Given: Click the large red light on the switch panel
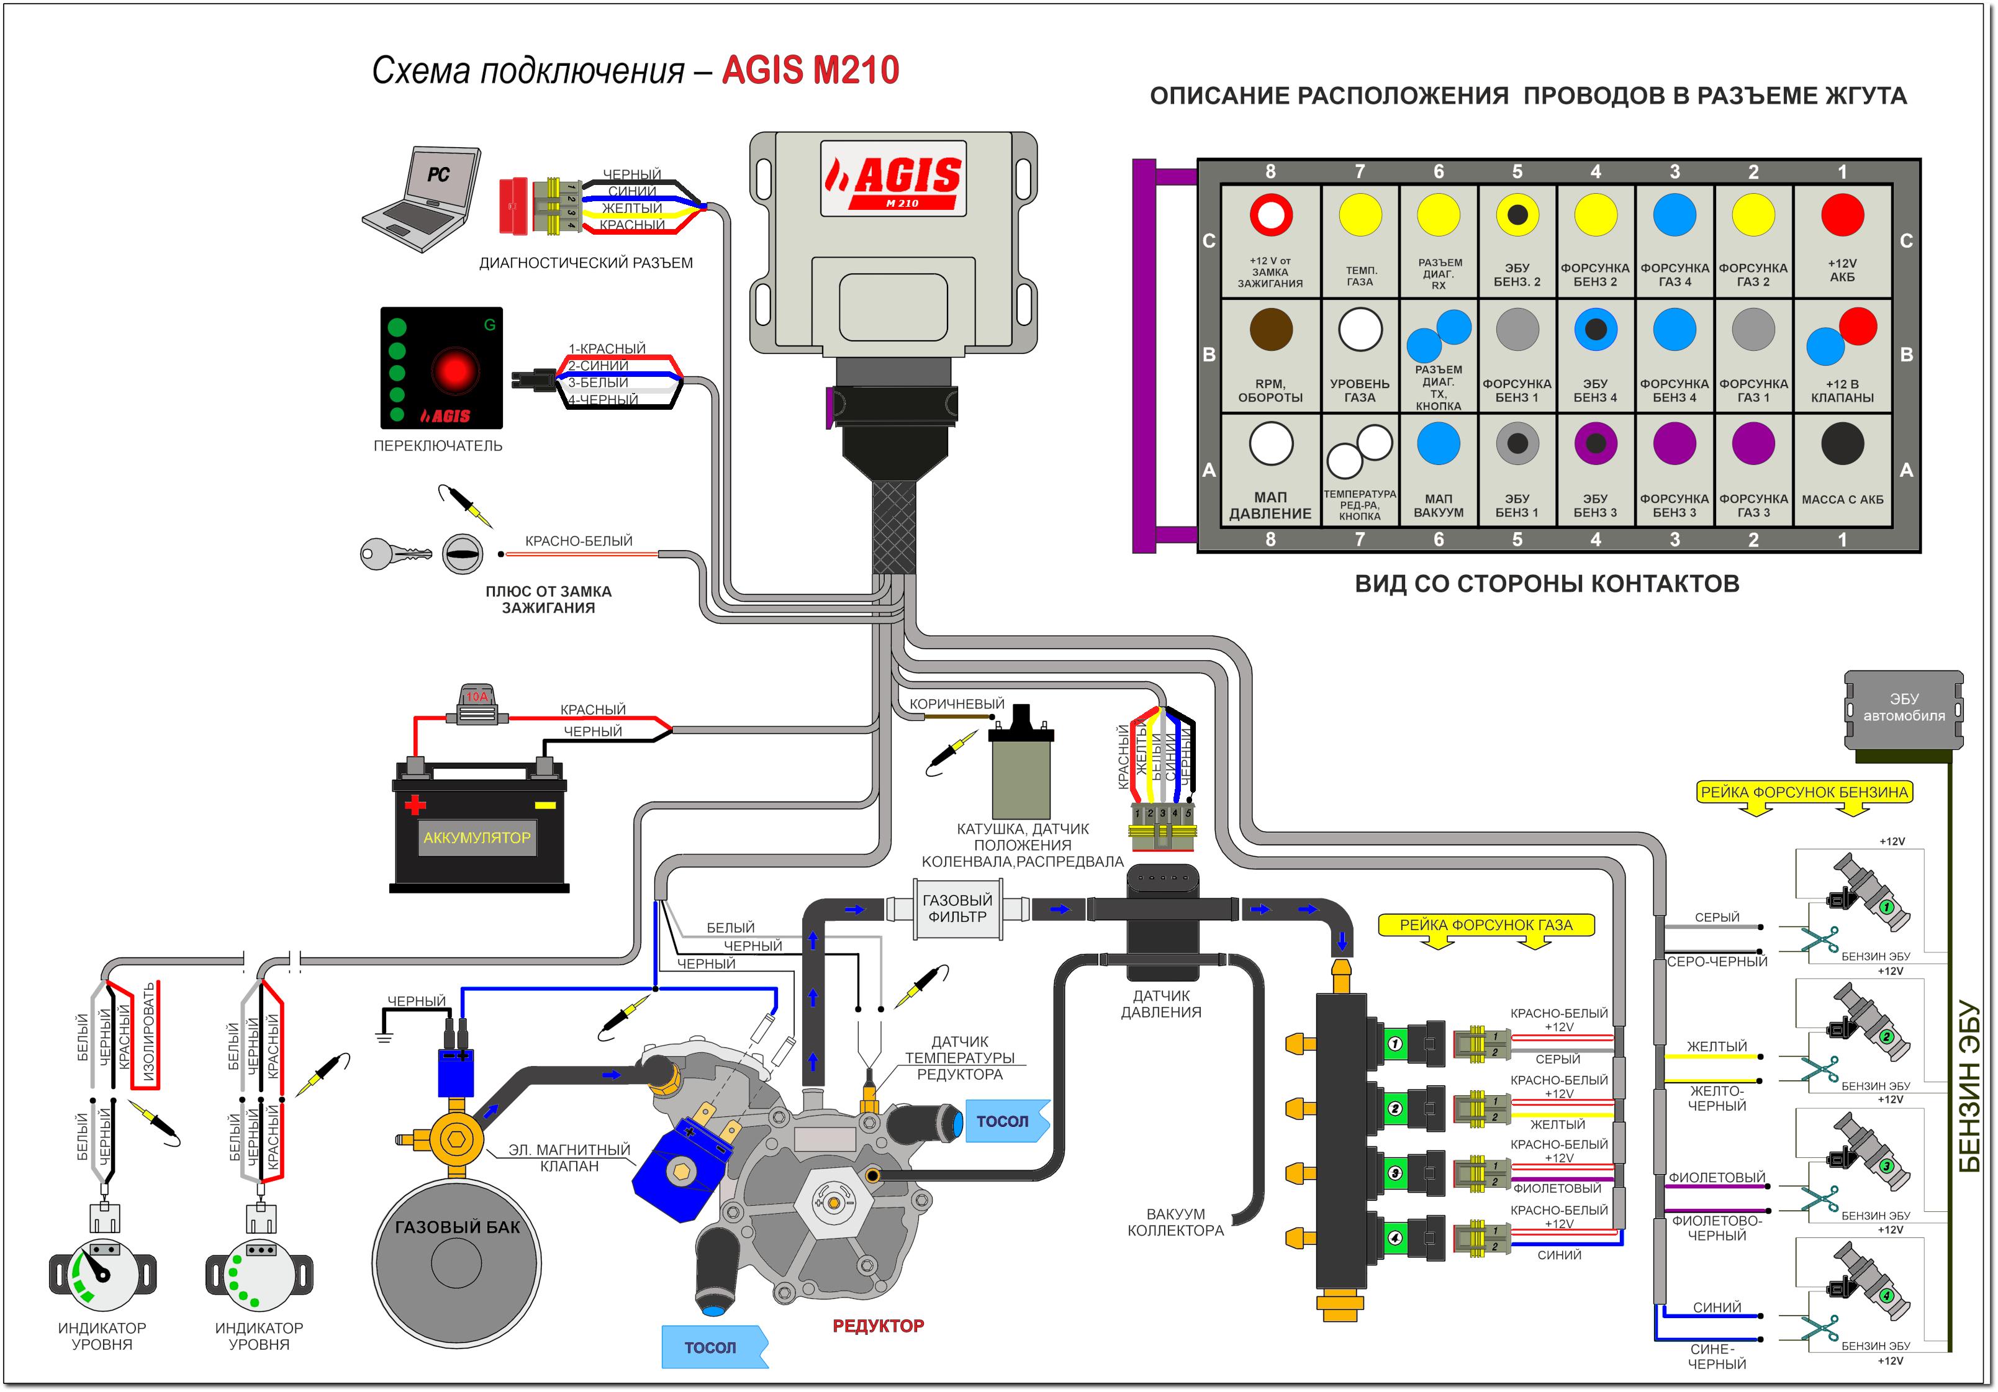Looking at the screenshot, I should coord(454,371).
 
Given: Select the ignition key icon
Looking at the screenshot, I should coord(394,553).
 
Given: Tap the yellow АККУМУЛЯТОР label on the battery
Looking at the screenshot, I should coord(477,838).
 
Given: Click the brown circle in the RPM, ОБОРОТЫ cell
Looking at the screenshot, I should coord(1270,330).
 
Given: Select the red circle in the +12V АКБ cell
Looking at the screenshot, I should coord(1842,215).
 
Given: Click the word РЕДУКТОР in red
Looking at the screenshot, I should coord(877,1326).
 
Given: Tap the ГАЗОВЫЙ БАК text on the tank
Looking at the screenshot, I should coord(457,1227).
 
